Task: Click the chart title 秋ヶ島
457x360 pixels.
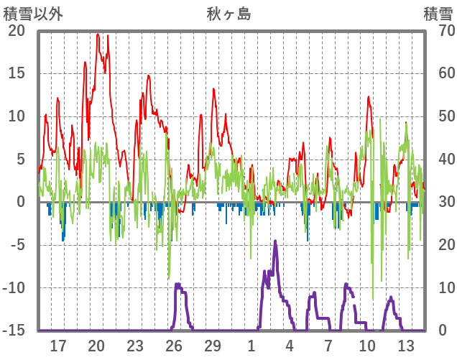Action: click(228, 13)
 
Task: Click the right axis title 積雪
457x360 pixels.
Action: click(438, 13)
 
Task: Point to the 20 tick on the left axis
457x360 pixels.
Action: click(17, 30)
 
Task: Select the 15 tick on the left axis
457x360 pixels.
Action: click(17, 73)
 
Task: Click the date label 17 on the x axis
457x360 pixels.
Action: click(58, 345)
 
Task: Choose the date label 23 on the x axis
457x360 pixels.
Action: click(135, 345)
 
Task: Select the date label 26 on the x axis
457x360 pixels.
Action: click(174, 345)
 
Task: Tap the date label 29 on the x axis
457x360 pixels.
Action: click(213, 345)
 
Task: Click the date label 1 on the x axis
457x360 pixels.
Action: click(251, 345)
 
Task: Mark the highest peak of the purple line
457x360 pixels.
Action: click(275, 241)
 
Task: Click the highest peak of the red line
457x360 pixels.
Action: click(98, 34)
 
